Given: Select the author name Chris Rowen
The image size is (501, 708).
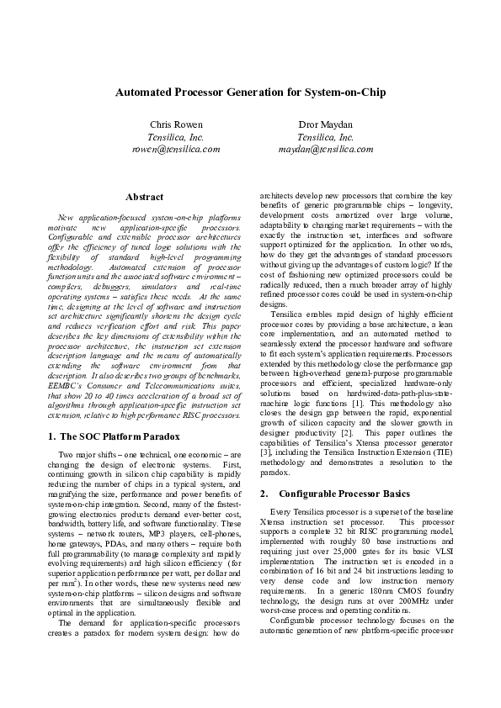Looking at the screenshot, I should click(x=176, y=124).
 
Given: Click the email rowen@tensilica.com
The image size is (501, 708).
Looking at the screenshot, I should click(x=176, y=148).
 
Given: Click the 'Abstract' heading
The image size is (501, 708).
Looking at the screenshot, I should click(x=144, y=197).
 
